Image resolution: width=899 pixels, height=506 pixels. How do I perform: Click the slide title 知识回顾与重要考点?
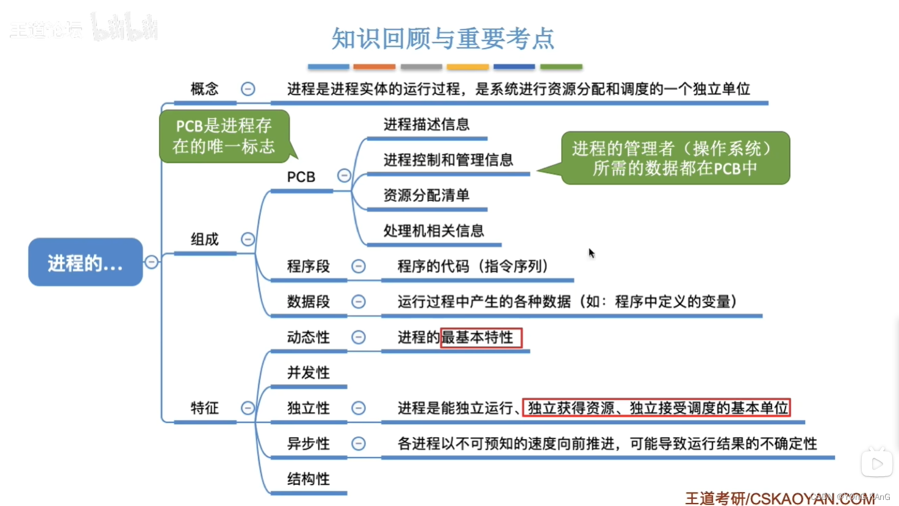443,38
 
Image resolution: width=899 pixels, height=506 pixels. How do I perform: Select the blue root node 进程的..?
85,262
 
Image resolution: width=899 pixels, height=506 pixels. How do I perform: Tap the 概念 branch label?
204,89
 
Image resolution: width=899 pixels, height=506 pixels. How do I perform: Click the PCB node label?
301,177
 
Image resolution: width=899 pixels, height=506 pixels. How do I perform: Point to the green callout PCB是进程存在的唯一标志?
224,136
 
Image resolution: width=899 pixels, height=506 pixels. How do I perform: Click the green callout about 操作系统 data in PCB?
675,158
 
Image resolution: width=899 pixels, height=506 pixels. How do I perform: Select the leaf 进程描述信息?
426,124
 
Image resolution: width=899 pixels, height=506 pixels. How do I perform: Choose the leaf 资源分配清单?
426,195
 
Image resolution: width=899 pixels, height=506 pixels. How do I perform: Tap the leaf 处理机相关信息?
434,230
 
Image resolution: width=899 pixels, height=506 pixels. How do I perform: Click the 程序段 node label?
309,266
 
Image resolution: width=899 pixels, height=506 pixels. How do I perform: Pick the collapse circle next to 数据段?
359,302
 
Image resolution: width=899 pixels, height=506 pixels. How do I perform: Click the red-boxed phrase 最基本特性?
481,337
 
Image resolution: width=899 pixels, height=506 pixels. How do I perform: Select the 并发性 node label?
309,372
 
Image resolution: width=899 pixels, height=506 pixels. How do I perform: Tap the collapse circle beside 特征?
248,408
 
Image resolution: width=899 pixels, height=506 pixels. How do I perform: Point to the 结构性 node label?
309,479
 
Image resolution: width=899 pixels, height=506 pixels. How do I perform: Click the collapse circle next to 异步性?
359,443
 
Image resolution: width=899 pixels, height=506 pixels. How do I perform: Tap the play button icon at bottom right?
877,464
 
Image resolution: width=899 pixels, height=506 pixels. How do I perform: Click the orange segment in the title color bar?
374,66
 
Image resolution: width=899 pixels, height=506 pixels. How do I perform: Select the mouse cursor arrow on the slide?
591,252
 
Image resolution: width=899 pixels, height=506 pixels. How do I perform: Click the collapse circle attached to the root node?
151,262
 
